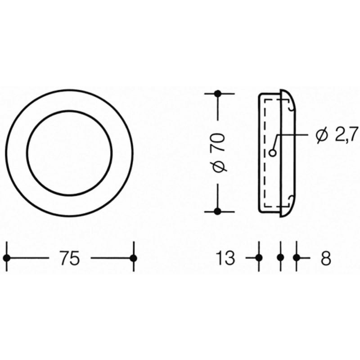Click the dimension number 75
[x=70, y=257]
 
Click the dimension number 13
[x=225, y=257]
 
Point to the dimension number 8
[x=326, y=258]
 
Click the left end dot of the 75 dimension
[x=7, y=258]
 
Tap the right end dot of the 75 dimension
[x=133, y=258]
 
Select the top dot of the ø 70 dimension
[x=218, y=94]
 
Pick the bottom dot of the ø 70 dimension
[x=218, y=211]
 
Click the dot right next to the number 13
[x=259, y=258]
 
